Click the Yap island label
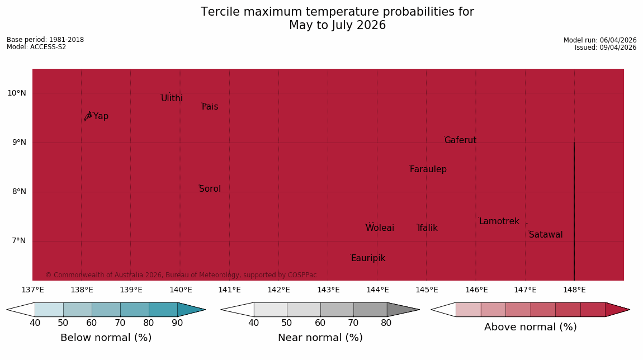tap(101, 116)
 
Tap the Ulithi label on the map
tap(172, 98)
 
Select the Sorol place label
tap(210, 188)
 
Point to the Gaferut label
tap(461, 140)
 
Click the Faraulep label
tap(428, 169)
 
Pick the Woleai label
tap(380, 228)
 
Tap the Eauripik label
tap(368, 258)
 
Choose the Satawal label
tap(546, 235)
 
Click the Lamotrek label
tap(499, 221)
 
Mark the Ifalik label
tap(428, 228)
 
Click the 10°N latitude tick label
tap(16, 93)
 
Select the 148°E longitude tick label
tap(575, 290)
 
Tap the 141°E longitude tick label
tap(230, 290)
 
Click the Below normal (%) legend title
tap(106, 338)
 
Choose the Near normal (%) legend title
tap(320, 338)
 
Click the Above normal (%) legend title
tap(531, 327)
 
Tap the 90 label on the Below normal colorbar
tap(177, 323)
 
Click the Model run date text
tap(600, 40)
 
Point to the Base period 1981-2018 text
tap(45, 40)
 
